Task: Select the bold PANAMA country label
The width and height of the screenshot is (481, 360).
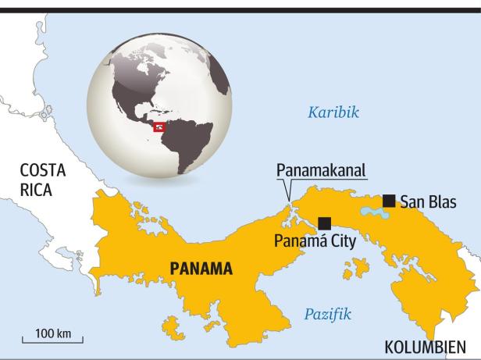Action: (201, 269)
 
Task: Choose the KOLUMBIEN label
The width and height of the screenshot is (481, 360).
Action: (426, 347)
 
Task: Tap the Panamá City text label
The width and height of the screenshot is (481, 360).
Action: (315, 241)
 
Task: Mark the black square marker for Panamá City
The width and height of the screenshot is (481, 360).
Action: (324, 223)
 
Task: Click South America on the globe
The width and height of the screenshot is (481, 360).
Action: (191, 141)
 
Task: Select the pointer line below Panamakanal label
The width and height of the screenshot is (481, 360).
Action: (289, 191)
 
